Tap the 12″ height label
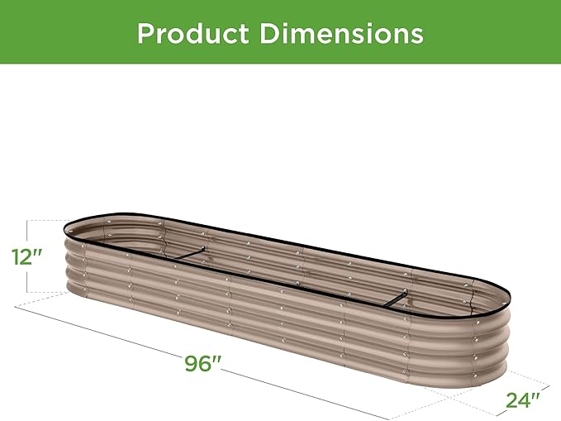coord(26,256)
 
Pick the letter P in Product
coord(146,33)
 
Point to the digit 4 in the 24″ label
coord(523,401)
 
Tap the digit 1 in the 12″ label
coord(17,256)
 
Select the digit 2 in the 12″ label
coord(27,256)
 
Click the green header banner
coord(496,33)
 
